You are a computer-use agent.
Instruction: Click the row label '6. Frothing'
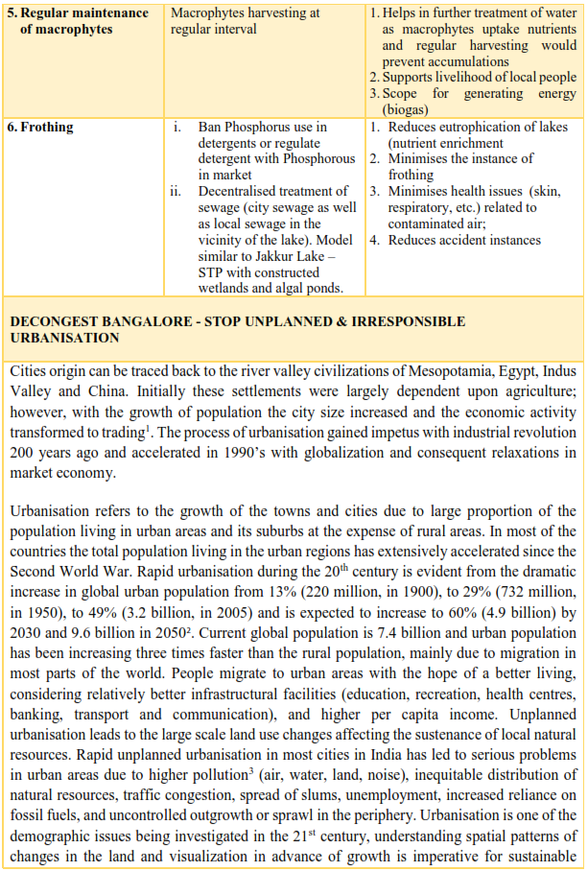(x=40, y=127)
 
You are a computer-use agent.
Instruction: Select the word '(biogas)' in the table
(x=408, y=109)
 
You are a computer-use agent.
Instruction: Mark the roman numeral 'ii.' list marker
(x=176, y=191)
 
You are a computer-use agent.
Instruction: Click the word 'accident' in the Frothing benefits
(x=469, y=240)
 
